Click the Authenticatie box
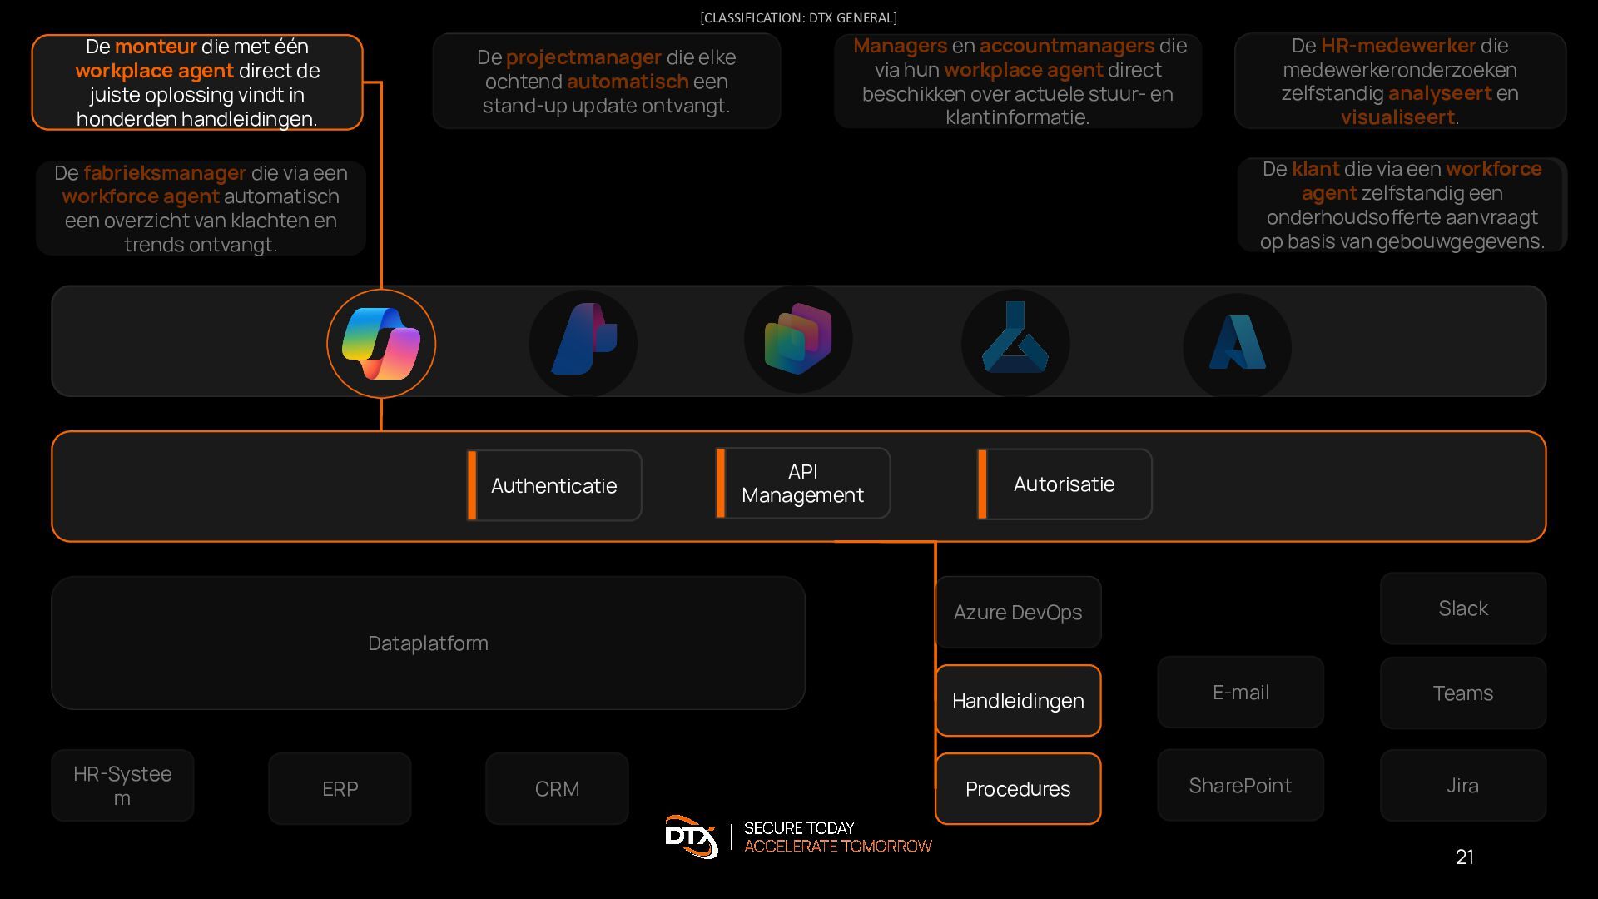pyautogui.click(x=554, y=485)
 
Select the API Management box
pyautogui.click(x=803, y=484)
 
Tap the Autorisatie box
pyautogui.click(x=1065, y=484)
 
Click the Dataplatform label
pyautogui.click(x=428, y=643)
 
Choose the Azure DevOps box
pyautogui.click(x=1018, y=612)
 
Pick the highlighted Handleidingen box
pyautogui.click(x=1018, y=701)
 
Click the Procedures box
pyautogui.click(x=1018, y=789)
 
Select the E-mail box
pyautogui.click(x=1240, y=693)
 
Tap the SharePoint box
pyautogui.click(x=1240, y=786)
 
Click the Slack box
pyautogui.click(x=1463, y=608)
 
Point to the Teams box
pyautogui.click(x=1463, y=693)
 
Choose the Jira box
pyautogui.click(x=1463, y=786)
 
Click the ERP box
pyautogui.click(x=340, y=789)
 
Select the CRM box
pyautogui.click(x=557, y=789)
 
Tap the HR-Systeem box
pyautogui.click(x=122, y=786)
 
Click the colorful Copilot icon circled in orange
pyautogui.click(x=381, y=343)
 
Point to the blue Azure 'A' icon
pyautogui.click(x=1238, y=343)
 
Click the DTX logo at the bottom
pyautogui.click(x=692, y=837)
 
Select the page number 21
pyautogui.click(x=1465, y=857)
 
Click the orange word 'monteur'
pyautogui.click(x=156, y=47)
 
